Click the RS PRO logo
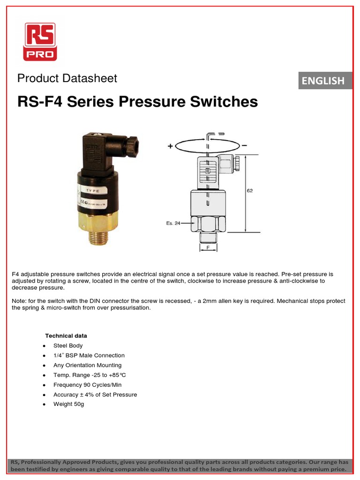(41, 42)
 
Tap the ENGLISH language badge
(323, 81)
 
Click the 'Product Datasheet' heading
(67, 78)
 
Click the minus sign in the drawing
(244, 146)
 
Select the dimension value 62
(250, 191)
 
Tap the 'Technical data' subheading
(66, 336)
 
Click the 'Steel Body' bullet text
(67, 345)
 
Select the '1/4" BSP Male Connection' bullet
(89, 355)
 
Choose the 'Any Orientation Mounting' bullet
(87, 365)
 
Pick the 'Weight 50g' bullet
(68, 404)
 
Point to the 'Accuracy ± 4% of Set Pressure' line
(95, 395)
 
